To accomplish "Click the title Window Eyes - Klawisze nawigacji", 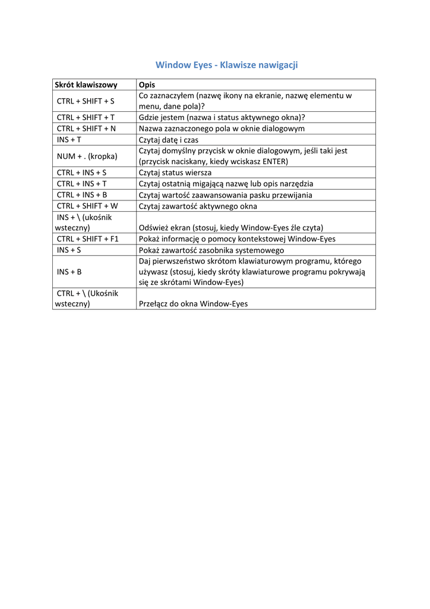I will point(226,65).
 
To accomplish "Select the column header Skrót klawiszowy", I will point(86,85).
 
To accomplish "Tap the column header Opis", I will point(147,85).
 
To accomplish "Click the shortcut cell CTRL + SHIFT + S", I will point(86,101).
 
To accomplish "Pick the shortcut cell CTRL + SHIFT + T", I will point(86,118).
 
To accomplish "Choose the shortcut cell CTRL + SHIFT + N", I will point(86,128).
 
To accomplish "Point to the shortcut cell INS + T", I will point(69,140).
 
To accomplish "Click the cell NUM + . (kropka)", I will point(87,156).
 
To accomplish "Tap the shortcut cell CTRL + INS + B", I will point(82,195).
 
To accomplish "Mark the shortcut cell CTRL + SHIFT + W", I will point(87,206).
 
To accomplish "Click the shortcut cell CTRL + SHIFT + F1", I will point(88,239).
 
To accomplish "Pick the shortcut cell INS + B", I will point(69,272).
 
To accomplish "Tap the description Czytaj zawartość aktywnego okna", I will point(198,206).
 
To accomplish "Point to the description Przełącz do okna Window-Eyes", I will point(193,304).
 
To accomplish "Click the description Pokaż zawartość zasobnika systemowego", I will point(211,250).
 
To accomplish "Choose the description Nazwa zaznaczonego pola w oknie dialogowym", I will point(222,128).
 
